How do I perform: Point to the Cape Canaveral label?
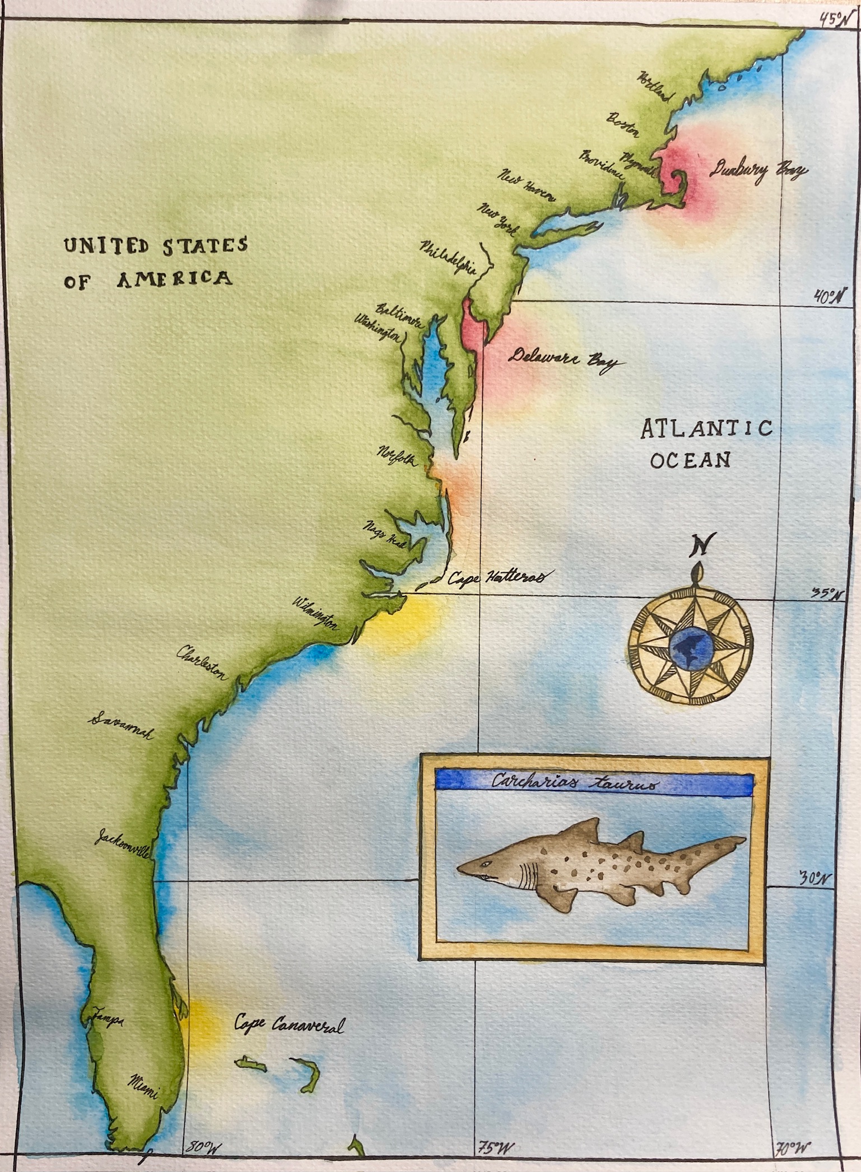pos(288,1025)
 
